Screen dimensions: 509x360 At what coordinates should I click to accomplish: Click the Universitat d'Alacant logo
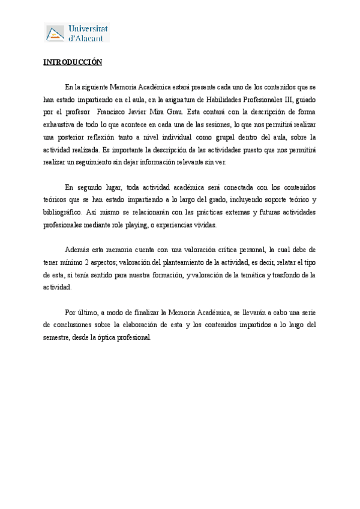77,33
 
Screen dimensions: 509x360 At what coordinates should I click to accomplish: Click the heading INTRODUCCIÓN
73,62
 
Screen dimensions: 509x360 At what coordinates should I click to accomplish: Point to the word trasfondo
283,275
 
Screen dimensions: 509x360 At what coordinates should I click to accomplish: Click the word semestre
59,337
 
